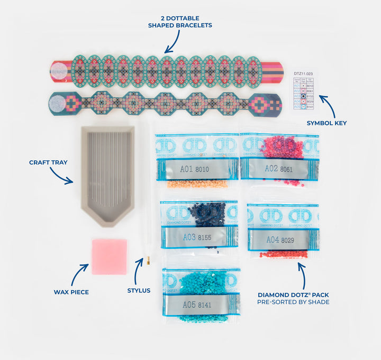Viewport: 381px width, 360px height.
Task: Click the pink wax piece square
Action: click(x=110, y=256)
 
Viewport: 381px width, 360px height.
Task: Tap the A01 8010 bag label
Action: click(x=193, y=169)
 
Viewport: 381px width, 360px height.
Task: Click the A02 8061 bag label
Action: click(x=279, y=168)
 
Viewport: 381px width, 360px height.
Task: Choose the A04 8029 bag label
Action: click(x=279, y=239)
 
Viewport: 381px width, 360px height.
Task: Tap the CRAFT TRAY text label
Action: click(x=48, y=162)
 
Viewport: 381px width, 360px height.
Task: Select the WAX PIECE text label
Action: click(x=71, y=292)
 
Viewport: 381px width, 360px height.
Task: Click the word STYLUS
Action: click(x=139, y=290)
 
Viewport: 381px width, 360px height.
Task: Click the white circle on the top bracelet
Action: click(x=60, y=71)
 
